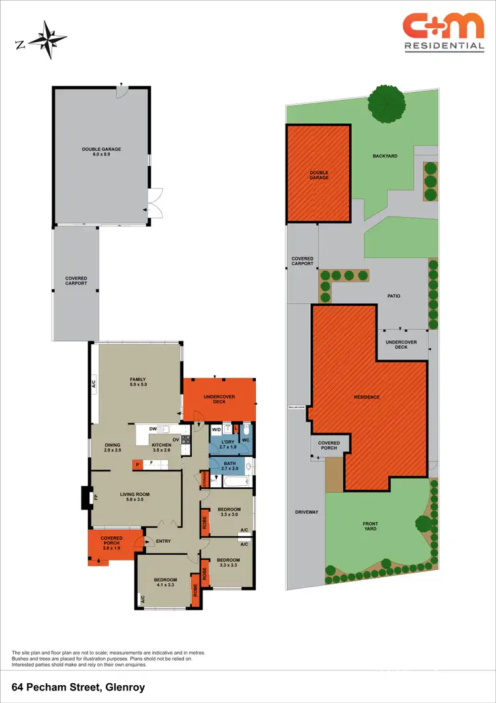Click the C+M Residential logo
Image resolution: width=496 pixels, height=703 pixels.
[x=443, y=31]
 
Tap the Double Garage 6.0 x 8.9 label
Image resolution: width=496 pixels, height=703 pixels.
[x=101, y=152]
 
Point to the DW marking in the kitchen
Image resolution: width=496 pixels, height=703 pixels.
[x=153, y=429]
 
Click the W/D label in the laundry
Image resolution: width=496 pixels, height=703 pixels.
[x=216, y=430]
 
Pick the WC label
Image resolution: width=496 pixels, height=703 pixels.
[x=245, y=440]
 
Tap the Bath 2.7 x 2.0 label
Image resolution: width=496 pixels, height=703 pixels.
[x=229, y=465]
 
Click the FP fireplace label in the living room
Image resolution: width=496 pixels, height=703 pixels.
[x=95, y=496]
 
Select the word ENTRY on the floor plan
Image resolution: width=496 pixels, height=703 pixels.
[x=163, y=541]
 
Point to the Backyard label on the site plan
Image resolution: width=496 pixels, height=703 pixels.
[x=384, y=156]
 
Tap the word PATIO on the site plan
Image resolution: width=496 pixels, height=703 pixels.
[x=394, y=296]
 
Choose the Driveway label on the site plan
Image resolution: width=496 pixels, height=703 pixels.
[x=307, y=512]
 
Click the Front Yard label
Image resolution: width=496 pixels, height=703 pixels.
[x=370, y=528]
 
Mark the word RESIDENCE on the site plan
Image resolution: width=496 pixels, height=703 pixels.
[x=366, y=397]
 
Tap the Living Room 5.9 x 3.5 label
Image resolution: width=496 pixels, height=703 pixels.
[x=135, y=497]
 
